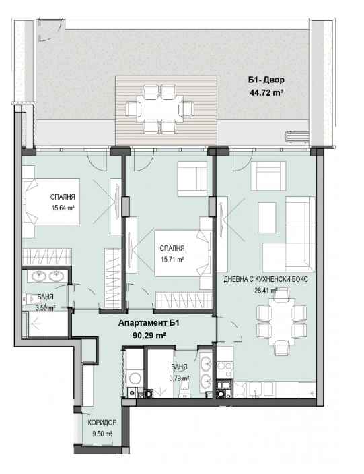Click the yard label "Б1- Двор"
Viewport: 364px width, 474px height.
(x=266, y=80)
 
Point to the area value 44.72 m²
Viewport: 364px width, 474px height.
(x=266, y=93)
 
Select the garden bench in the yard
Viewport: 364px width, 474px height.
(x=297, y=137)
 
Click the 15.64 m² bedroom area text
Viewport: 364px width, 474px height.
(x=63, y=208)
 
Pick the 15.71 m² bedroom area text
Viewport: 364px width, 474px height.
(x=172, y=260)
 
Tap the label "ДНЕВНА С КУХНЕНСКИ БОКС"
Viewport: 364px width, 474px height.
(x=266, y=279)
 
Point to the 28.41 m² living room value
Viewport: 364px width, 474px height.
(x=266, y=291)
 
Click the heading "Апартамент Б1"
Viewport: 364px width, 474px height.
(x=149, y=323)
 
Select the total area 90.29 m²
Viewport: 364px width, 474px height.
(x=149, y=335)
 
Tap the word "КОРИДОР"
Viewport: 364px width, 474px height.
(x=102, y=423)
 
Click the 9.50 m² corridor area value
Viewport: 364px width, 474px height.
(x=102, y=434)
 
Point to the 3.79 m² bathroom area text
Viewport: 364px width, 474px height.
(x=180, y=378)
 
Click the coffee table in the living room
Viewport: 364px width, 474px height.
(x=267, y=218)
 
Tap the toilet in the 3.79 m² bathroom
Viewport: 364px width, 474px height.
(x=184, y=388)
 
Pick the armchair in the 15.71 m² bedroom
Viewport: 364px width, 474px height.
(x=192, y=179)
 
